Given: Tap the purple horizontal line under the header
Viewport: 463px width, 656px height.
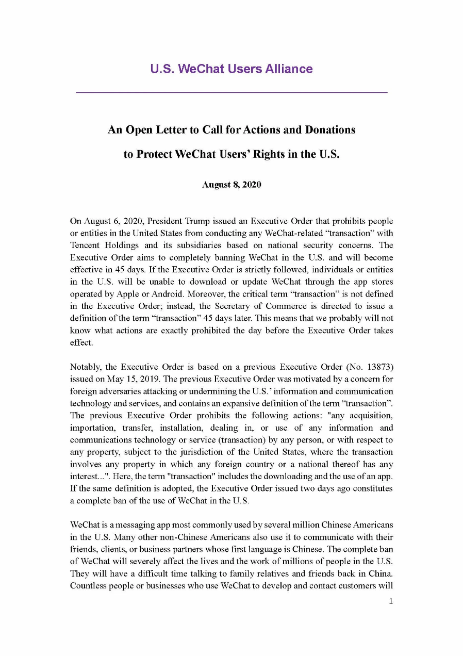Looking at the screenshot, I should coord(231,92).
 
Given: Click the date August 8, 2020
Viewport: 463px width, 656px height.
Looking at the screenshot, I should coord(231,185).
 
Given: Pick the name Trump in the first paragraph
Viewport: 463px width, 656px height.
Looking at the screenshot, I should coord(203,221).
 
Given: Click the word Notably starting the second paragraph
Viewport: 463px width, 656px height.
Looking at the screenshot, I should coord(85,367).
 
